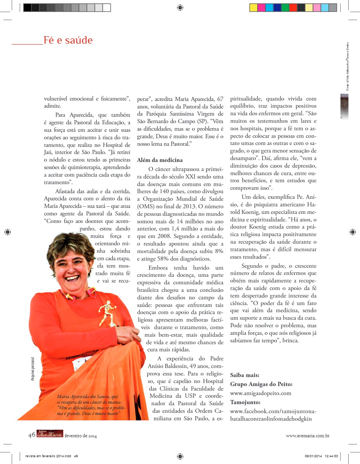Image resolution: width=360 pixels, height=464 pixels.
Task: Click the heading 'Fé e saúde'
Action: point(68,40)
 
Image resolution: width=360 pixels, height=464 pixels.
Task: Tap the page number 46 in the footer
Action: point(32,435)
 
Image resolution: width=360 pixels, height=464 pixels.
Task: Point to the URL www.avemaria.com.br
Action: point(308,436)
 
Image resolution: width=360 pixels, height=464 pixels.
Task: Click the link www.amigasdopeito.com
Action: point(260,393)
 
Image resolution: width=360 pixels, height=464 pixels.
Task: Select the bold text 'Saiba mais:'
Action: point(244,375)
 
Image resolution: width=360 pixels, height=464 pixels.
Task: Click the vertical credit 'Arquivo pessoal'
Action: point(33,369)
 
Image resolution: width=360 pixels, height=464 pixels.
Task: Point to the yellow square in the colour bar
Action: point(253,7)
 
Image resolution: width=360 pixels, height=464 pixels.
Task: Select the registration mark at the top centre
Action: point(180,7)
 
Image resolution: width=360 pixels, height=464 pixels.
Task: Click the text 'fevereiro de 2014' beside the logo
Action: point(81,436)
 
